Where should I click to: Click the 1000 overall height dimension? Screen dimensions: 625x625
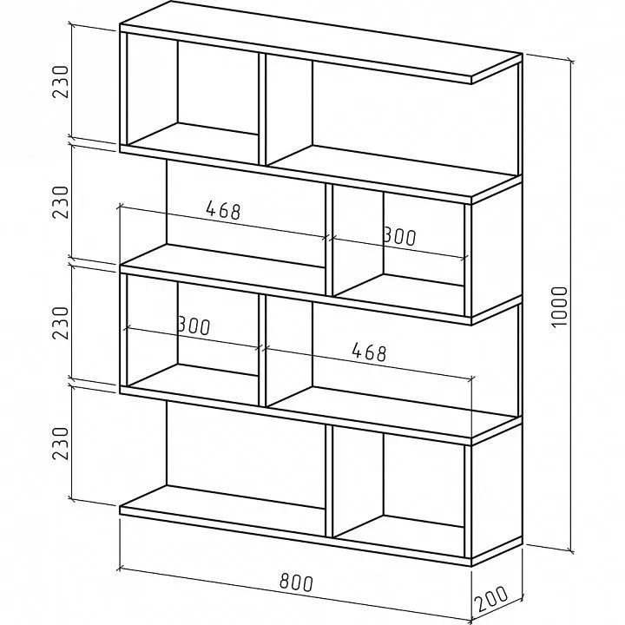pos(559,306)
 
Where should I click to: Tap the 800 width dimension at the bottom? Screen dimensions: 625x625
pos(296,582)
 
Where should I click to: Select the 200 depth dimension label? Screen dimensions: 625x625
pos(491,599)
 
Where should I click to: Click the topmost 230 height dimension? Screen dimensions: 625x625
pos(61,82)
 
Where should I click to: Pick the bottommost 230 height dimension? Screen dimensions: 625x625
pos(61,444)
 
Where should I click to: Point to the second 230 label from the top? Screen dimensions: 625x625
pos(61,202)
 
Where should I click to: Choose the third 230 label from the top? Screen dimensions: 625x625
pos(61,323)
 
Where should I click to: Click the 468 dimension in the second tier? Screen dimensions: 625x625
pos(224,210)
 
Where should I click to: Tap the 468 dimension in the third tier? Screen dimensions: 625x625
pos(370,352)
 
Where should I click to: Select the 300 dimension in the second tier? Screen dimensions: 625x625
pos(399,236)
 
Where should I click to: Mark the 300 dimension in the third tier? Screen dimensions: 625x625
pos(194,326)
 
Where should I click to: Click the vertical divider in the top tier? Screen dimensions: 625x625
pos(262,109)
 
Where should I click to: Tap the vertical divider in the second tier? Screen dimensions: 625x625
pos(329,240)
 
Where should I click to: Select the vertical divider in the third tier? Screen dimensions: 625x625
pos(262,350)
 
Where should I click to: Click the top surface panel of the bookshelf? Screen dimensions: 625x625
pos(321,42)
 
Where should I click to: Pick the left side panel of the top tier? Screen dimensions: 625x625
pos(123,89)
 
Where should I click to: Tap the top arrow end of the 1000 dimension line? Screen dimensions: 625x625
pos(572,62)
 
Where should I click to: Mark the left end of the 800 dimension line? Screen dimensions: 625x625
pos(120,568)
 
